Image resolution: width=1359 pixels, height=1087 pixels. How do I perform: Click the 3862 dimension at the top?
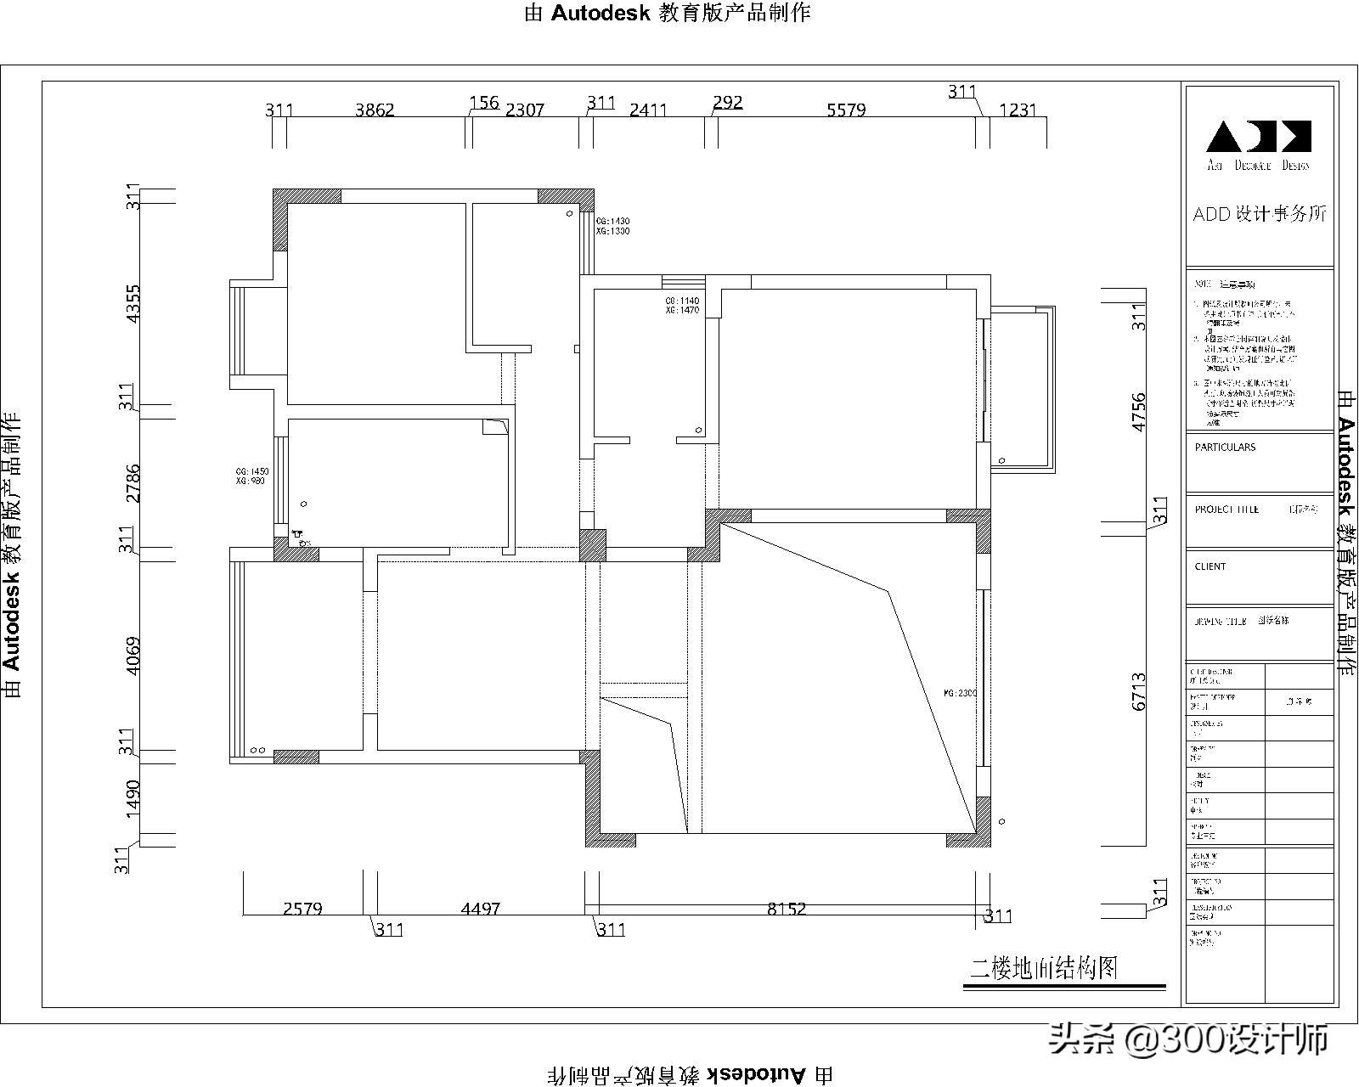coord(375,110)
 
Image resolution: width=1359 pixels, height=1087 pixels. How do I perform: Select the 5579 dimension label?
coord(846,110)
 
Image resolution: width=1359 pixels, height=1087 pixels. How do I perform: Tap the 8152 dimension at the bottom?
coord(787,909)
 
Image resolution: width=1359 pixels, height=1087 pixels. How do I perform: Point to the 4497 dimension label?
coord(480,909)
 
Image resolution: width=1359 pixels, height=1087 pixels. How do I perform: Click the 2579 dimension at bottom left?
coord(302,909)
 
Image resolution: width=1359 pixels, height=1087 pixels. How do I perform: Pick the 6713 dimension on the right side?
coord(1138,691)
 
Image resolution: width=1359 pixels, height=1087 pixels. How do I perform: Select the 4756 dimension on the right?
coord(1138,411)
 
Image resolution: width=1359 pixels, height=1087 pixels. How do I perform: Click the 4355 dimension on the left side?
coord(133,303)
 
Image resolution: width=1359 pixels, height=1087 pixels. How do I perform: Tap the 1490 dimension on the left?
coord(133,799)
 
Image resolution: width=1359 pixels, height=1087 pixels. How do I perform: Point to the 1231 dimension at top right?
coord(1018,110)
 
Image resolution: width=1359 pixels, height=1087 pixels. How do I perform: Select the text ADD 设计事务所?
coord(1259,214)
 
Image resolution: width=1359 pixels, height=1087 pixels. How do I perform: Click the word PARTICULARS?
coord(1225,447)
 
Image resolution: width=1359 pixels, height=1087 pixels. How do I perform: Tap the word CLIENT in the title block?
coord(1210,566)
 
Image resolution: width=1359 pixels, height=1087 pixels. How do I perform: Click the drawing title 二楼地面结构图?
coord(1044,967)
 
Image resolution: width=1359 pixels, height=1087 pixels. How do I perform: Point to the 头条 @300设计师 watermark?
coord(1188,1039)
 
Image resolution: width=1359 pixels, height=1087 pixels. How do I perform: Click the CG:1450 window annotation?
coord(252,471)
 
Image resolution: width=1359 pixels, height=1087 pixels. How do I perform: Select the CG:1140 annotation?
coord(682,301)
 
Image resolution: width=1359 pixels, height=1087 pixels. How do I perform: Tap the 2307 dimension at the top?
coord(524,110)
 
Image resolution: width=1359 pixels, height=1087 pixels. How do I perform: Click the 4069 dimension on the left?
coord(133,656)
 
